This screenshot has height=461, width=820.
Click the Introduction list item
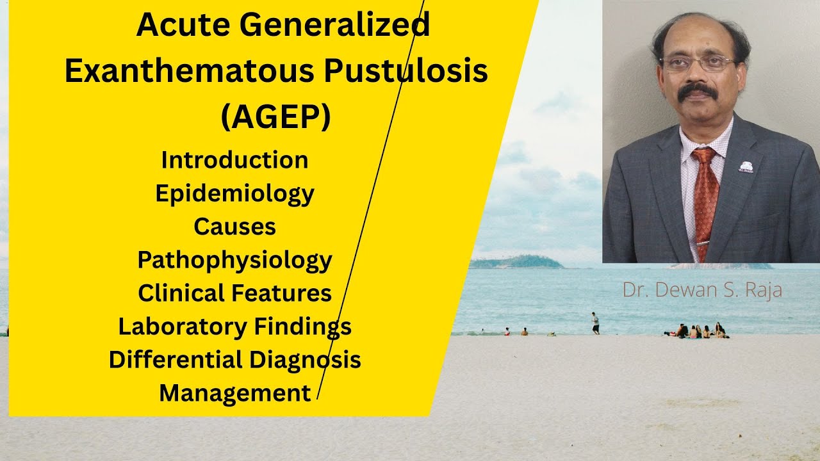click(x=234, y=159)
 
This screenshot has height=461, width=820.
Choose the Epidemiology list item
click(x=234, y=193)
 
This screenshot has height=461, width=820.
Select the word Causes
click(x=234, y=226)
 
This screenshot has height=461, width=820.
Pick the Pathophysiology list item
click(x=234, y=260)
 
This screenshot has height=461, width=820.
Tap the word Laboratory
click(x=182, y=327)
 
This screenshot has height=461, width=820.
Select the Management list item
click(x=234, y=392)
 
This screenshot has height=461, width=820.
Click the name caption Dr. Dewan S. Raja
click(x=702, y=289)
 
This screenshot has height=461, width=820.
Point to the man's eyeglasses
click(x=698, y=63)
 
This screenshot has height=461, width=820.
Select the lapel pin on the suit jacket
click(x=746, y=167)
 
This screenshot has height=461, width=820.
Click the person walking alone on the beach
click(x=595, y=323)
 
